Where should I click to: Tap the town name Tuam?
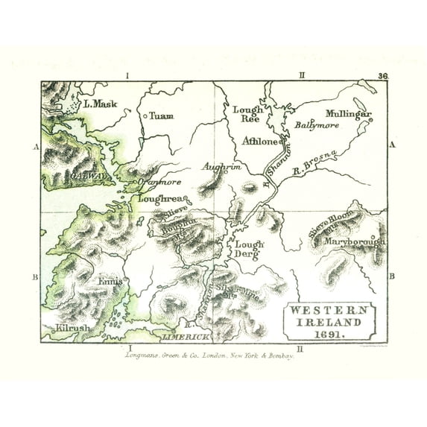161,116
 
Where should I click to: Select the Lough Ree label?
247,114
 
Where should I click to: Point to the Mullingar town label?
348,114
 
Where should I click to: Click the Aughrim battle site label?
222,168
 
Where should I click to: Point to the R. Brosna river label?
315,163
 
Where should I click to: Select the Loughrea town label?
157,200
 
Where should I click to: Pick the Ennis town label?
110,282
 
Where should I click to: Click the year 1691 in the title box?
329,335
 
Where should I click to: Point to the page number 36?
383,76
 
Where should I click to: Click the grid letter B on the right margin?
392,276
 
